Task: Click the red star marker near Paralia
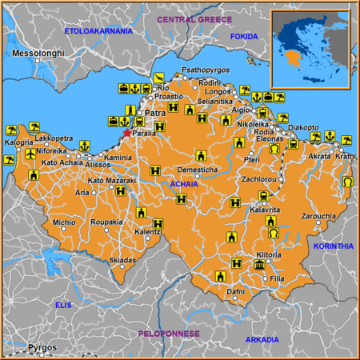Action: [x=126, y=133]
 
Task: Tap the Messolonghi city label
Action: [x=38, y=53]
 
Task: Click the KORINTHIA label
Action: [x=334, y=246]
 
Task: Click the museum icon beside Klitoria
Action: [x=259, y=265]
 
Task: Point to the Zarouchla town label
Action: [x=320, y=216]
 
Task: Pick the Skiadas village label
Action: [x=122, y=260]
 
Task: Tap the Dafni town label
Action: [x=235, y=292]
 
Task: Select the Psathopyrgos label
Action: [x=206, y=70]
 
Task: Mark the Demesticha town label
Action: [x=197, y=170]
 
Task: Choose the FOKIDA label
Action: [x=245, y=36]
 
